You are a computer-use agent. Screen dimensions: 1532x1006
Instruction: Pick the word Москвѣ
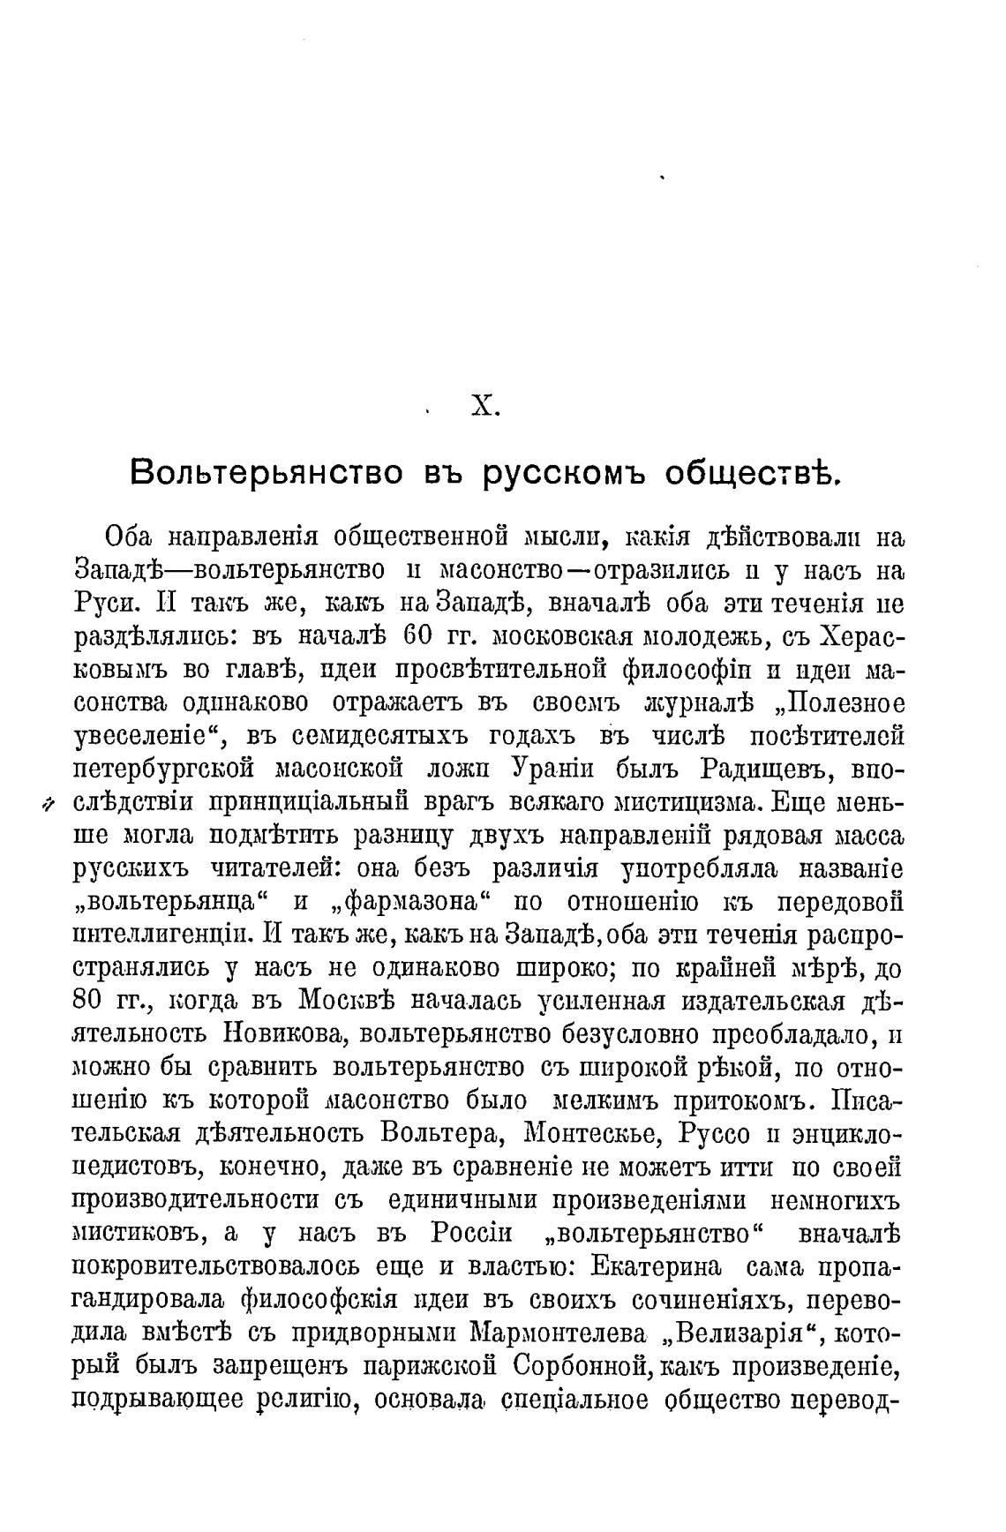tap(344, 1003)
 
